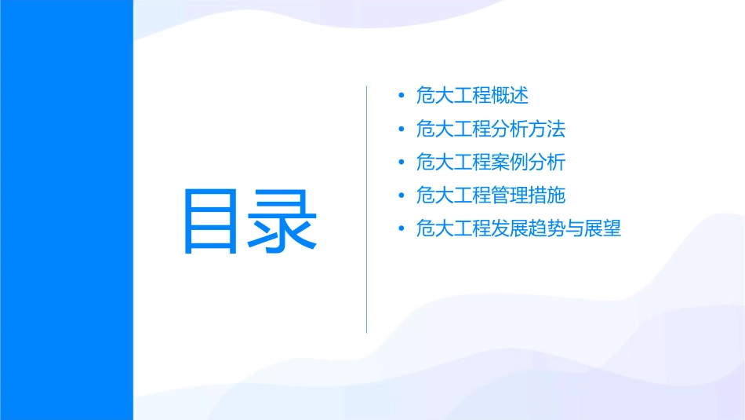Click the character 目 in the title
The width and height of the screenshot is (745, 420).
209,221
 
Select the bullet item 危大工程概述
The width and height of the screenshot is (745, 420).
472,96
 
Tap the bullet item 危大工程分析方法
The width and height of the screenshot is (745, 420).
490,129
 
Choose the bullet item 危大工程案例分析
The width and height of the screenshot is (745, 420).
490,163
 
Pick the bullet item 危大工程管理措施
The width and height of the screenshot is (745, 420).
490,195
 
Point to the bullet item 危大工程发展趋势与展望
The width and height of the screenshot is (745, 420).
518,229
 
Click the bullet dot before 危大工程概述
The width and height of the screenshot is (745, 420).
402,97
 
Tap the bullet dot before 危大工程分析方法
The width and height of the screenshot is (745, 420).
402,130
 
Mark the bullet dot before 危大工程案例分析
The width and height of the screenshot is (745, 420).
402,163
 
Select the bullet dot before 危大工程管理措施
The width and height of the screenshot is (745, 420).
402,196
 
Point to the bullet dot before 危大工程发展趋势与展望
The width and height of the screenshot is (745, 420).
402,230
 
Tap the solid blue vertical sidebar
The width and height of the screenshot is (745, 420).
66,210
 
